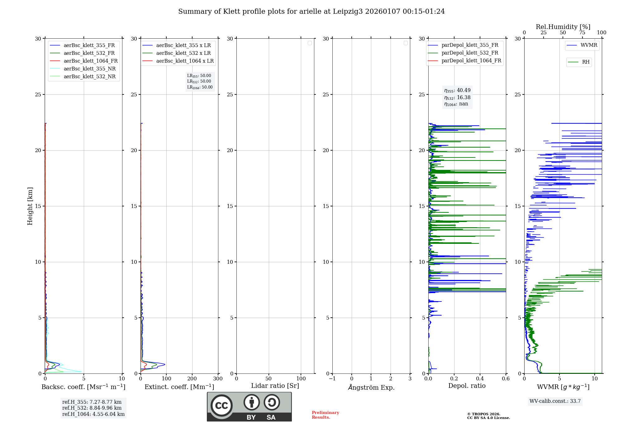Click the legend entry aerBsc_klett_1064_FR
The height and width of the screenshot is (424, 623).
point(90,61)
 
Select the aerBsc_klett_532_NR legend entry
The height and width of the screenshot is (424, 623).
point(89,77)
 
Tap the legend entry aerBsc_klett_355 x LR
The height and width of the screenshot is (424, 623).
point(183,46)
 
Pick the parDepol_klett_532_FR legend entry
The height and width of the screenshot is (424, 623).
point(469,53)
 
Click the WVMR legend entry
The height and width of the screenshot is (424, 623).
point(588,45)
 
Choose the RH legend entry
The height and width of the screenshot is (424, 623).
point(585,62)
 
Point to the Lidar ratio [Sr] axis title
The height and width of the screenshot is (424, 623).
point(275,386)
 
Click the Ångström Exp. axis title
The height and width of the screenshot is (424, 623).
point(371,388)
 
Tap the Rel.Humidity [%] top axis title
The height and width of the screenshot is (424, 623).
point(563,27)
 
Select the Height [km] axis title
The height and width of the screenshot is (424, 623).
point(30,206)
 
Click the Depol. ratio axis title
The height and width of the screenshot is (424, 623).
point(467,386)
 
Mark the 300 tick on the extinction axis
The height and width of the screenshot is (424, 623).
point(218,379)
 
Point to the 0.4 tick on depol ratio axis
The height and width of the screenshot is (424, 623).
point(480,379)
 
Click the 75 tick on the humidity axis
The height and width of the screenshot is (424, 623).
point(582,33)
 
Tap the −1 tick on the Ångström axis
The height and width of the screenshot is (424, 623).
point(332,379)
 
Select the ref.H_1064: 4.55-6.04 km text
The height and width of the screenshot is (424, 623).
point(93,414)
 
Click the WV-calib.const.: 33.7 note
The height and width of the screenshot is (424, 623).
point(555,401)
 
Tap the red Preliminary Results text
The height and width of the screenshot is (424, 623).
point(325,415)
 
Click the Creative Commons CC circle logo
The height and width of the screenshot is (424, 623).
point(221,406)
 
